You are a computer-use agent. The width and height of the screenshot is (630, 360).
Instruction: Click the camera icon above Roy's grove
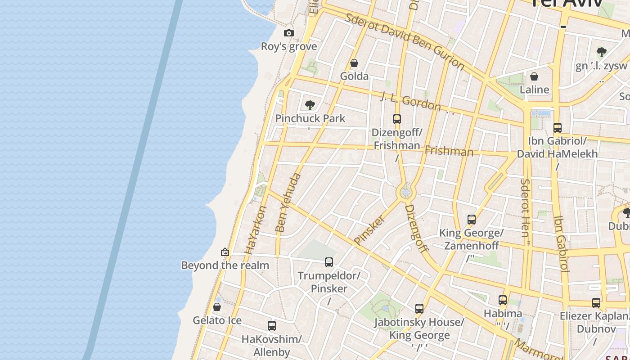pyautogui.click(x=289, y=33)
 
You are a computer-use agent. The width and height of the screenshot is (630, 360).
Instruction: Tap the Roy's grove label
pyautogui.click(x=289, y=46)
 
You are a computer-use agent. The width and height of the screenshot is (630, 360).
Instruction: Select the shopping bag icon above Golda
pyautogui.click(x=354, y=63)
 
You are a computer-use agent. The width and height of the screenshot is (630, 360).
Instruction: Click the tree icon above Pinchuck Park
pyautogui.click(x=310, y=105)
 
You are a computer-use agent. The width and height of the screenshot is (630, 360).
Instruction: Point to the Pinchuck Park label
pyautogui.click(x=310, y=118)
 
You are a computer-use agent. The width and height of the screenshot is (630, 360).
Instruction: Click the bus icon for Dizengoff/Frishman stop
pyautogui.click(x=396, y=119)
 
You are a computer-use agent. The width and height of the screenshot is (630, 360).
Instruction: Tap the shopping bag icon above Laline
pyautogui.click(x=534, y=76)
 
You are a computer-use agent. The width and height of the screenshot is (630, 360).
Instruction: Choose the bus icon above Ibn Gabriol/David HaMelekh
pyautogui.click(x=557, y=127)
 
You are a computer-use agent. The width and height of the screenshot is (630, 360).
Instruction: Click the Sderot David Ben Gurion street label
pyautogui.click(x=405, y=41)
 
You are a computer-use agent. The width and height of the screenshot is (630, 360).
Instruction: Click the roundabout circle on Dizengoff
pyautogui.click(x=406, y=193)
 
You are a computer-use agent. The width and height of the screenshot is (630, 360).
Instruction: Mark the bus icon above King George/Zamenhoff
pyautogui.click(x=471, y=220)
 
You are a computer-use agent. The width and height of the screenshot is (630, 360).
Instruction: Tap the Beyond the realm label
pyautogui.click(x=225, y=265)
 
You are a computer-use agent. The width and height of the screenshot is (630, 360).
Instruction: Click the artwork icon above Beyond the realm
pyautogui.click(x=225, y=252)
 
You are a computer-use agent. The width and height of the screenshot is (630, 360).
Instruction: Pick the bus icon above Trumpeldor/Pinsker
pyautogui.click(x=329, y=262)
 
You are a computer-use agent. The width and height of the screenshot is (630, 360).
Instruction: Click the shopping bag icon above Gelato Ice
pyautogui.click(x=217, y=307)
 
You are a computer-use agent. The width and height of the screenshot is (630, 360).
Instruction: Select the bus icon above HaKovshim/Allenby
pyautogui.click(x=271, y=325)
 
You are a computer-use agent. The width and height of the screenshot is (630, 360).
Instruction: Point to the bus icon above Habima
pyautogui.click(x=503, y=300)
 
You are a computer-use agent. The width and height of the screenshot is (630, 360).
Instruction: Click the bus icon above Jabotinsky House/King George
pyautogui.click(x=419, y=308)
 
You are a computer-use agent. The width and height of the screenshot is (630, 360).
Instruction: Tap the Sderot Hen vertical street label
pyautogui.click(x=525, y=207)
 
